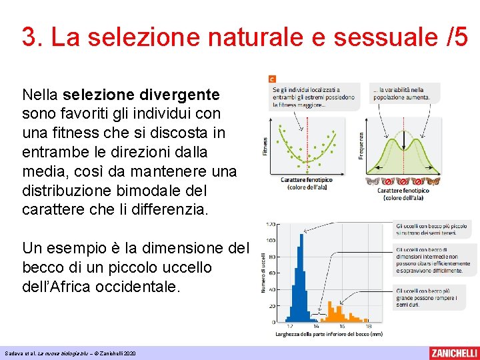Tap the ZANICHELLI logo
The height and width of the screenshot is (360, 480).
[x=453, y=353]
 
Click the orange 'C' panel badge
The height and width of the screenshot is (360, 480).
[x=272, y=78]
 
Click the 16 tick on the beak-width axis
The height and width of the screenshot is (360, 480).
[x=341, y=327]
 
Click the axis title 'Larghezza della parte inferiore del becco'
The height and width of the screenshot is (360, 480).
[x=329, y=334]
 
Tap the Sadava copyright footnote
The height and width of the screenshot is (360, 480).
[x=69, y=353]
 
